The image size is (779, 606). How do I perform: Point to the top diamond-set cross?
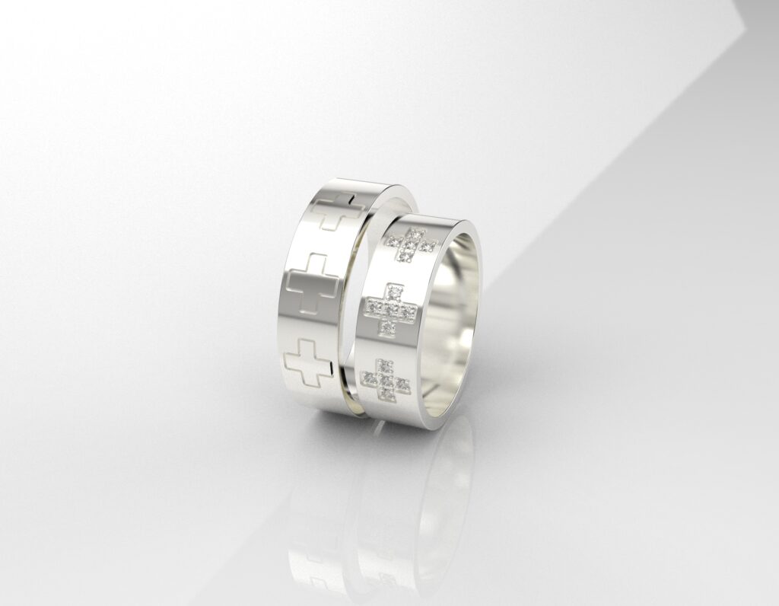click(x=412, y=244)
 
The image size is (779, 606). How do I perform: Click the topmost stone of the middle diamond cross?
click(x=395, y=289)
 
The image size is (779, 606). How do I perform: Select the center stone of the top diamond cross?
click(x=411, y=244)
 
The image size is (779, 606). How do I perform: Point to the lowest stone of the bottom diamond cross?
click(x=384, y=394)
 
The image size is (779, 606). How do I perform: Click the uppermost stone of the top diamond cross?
click(x=416, y=231)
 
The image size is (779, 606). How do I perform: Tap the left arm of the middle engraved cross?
click(x=296, y=287)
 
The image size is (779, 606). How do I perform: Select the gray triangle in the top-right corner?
click(x=761, y=11)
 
